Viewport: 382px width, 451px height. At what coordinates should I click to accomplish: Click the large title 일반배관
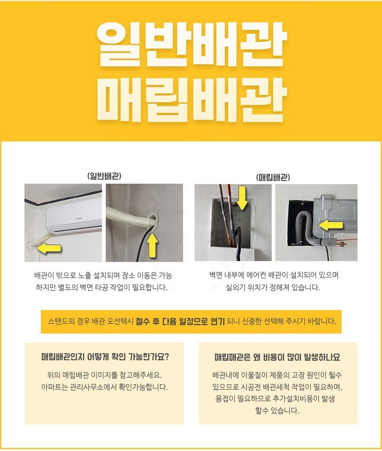coord(191,44)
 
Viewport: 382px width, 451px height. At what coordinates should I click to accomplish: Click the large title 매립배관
coord(191,99)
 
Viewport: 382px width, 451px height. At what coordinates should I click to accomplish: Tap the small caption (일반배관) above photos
coord(104,176)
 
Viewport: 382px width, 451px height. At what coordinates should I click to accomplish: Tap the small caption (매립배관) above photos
coord(273,177)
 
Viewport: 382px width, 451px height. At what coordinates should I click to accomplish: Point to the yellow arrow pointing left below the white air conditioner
coord(49,248)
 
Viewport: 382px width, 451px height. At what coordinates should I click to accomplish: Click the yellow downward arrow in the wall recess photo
coord(242,197)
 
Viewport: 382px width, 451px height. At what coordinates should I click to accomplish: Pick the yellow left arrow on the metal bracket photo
coord(331,225)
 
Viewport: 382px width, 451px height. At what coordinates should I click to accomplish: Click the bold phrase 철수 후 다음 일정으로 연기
coord(180,321)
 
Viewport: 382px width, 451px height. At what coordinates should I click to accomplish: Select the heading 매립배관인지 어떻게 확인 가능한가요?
coord(105,357)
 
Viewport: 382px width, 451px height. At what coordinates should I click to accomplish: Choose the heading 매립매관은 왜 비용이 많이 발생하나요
coord(277,357)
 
